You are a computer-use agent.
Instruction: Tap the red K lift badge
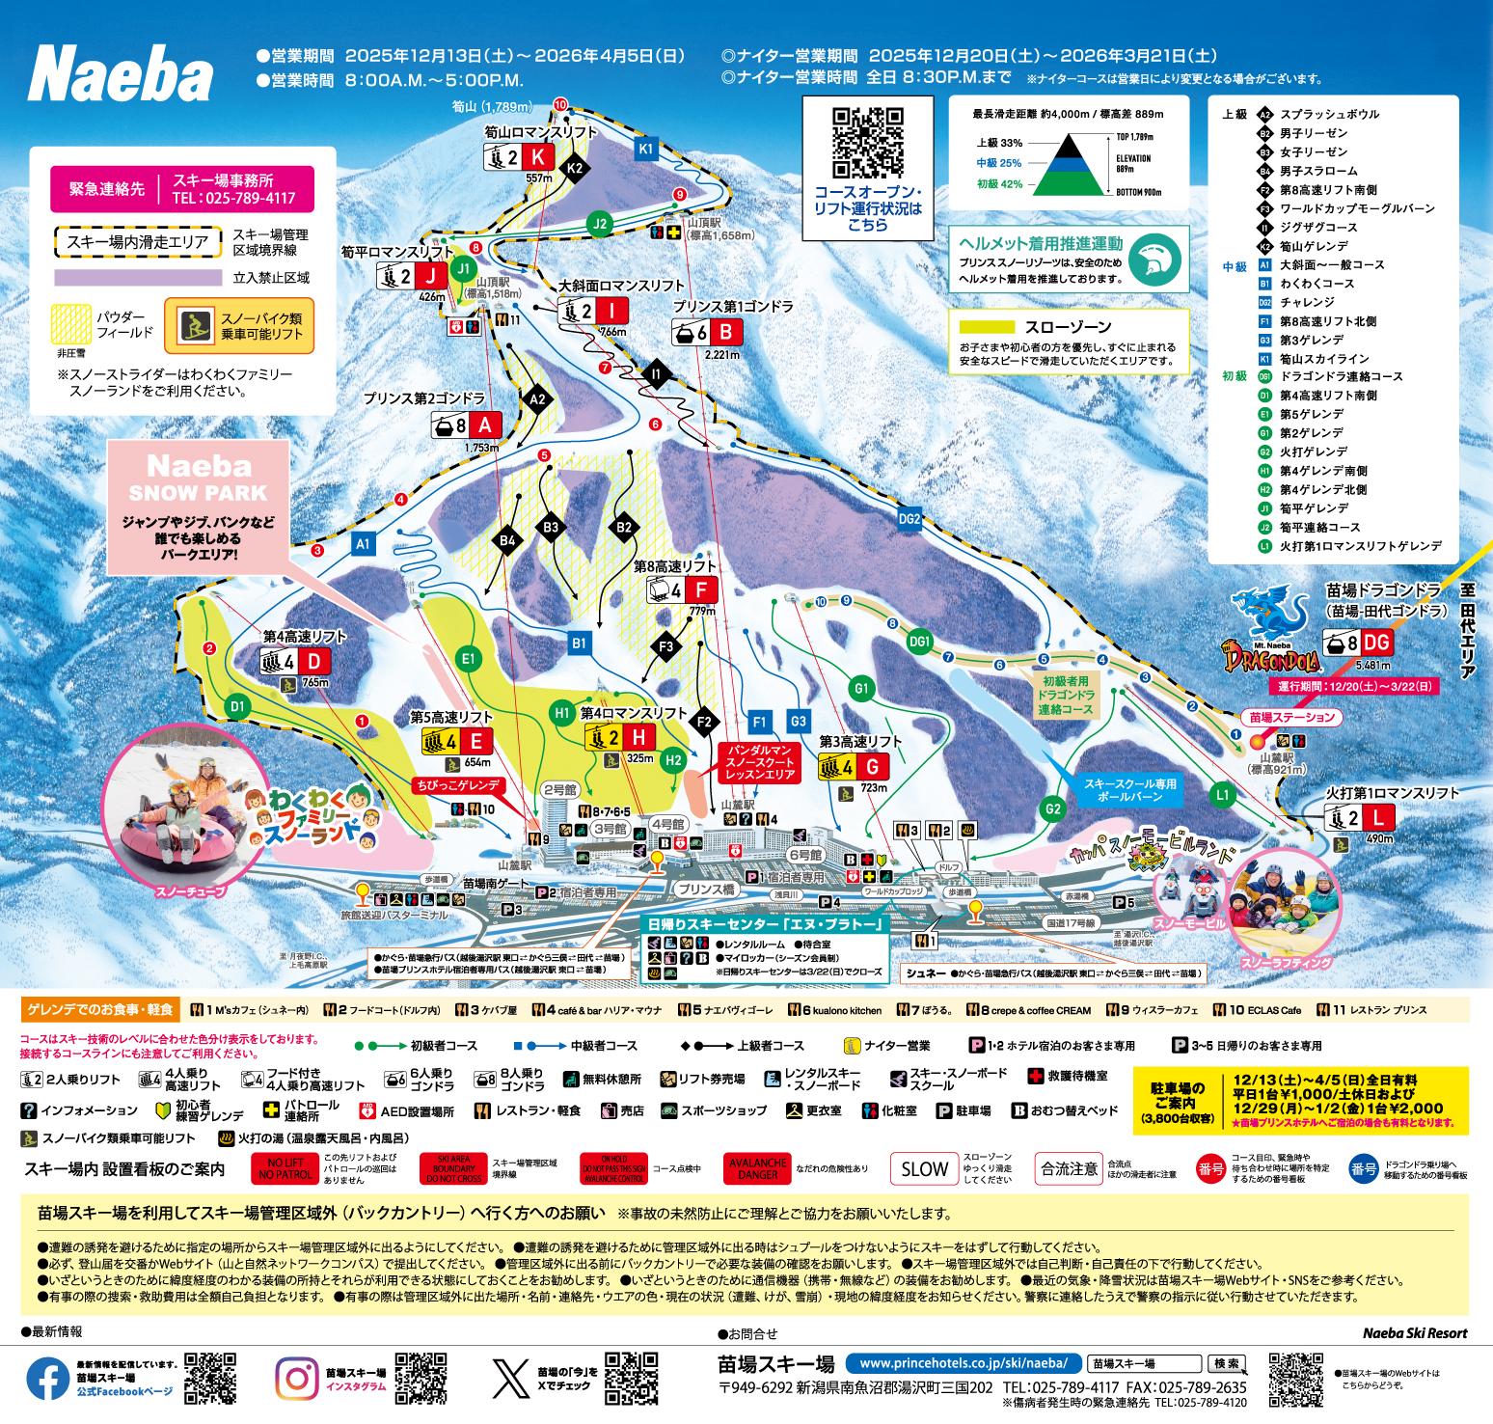(x=537, y=157)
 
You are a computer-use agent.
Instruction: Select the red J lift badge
(x=430, y=277)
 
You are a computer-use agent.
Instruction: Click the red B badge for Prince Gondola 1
(x=726, y=333)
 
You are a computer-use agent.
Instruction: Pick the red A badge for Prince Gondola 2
(x=485, y=425)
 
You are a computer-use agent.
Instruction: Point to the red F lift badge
(x=700, y=590)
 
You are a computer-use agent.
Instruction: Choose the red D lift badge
(x=313, y=661)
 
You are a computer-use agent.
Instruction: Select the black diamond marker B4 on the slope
(x=508, y=541)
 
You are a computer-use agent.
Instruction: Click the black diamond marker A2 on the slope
(x=538, y=398)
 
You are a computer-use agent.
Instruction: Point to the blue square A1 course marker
(x=363, y=543)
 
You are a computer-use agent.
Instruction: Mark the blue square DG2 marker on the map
(x=909, y=519)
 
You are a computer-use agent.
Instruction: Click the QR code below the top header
(x=868, y=143)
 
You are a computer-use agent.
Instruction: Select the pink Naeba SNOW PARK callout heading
(x=199, y=478)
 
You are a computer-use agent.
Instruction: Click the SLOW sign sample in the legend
(x=923, y=1168)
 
